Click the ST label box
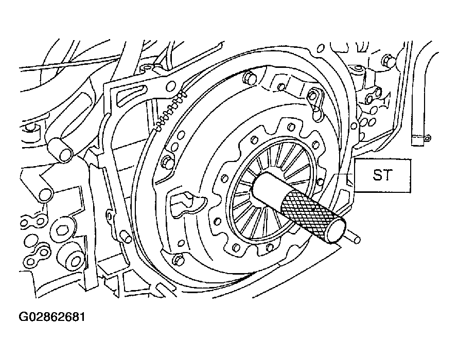[x=382, y=175]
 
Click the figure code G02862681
[x=52, y=317]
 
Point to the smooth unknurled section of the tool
[x=267, y=188]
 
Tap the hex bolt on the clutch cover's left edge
[x=167, y=163]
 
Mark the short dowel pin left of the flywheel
[x=126, y=236]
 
